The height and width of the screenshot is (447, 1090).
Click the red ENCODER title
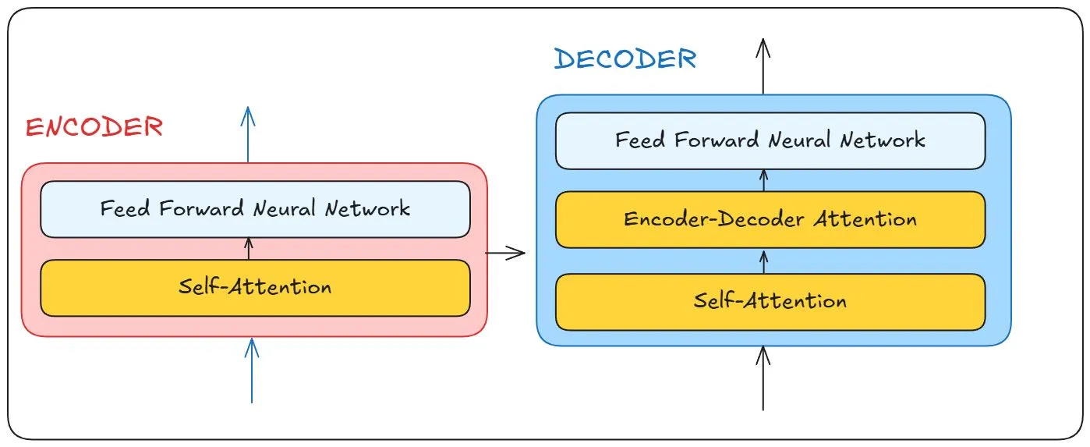click(x=94, y=127)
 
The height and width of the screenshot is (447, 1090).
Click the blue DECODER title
click(x=625, y=59)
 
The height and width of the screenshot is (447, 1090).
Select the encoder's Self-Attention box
click(x=255, y=287)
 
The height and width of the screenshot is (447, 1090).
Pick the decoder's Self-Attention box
click(x=770, y=301)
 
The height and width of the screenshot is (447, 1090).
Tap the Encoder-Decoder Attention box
click(x=770, y=219)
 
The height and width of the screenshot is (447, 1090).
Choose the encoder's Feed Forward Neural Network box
click(x=255, y=209)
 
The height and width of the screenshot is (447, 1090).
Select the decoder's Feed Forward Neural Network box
click(x=770, y=140)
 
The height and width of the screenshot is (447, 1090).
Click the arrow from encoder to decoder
click(x=505, y=252)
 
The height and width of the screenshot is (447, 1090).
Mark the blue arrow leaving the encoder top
click(x=248, y=133)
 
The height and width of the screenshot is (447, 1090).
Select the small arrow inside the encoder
click(x=249, y=248)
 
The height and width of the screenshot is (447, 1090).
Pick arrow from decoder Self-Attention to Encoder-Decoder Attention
click(x=763, y=261)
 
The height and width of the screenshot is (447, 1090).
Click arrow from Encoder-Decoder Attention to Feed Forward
click(x=763, y=180)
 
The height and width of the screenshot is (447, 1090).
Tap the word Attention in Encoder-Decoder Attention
click(x=865, y=219)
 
